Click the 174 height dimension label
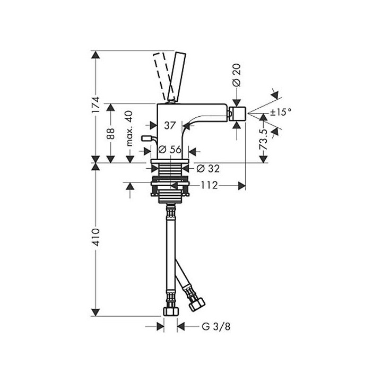(x=95, y=105)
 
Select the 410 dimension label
(x=95, y=237)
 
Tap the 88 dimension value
(x=111, y=134)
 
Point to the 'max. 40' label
(x=129, y=128)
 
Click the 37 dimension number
(x=170, y=126)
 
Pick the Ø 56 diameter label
(x=170, y=150)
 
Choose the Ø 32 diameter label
(x=208, y=168)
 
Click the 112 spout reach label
(x=209, y=186)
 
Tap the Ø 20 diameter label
(x=237, y=75)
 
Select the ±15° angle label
(x=281, y=112)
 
